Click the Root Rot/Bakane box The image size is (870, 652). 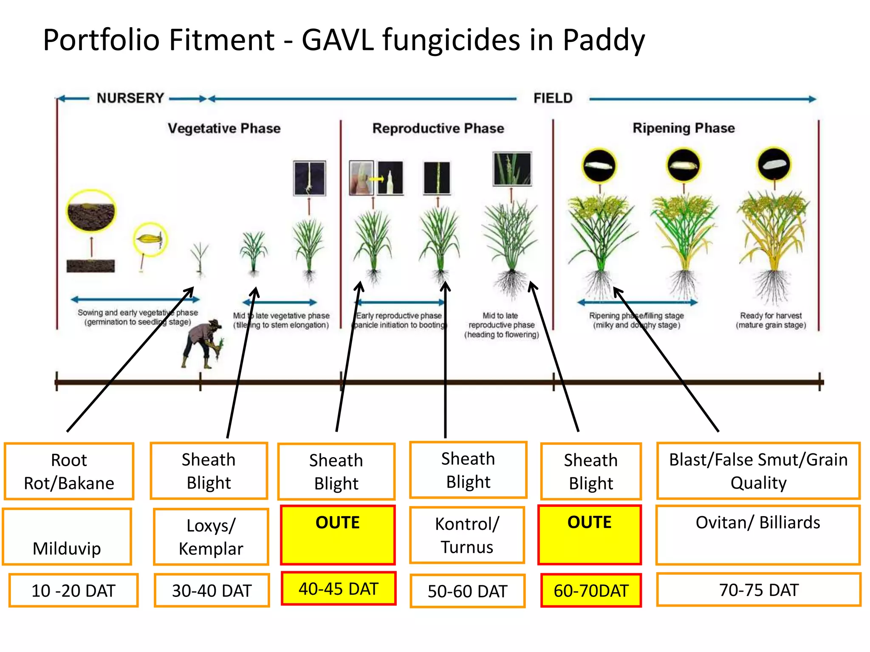point(69,472)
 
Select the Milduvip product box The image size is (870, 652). point(67,537)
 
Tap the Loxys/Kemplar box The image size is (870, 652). point(211,537)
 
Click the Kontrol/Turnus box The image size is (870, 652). point(467,535)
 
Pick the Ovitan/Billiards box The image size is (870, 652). point(758,535)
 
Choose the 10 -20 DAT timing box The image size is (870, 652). point(73,590)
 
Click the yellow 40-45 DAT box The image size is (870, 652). point(339,589)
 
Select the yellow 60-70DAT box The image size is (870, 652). point(591,590)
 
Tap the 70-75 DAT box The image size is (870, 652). point(759,590)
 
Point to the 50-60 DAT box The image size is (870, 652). point(467,591)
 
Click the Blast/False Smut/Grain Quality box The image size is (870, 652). point(758,471)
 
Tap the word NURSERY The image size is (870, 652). point(130,98)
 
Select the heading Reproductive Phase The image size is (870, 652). point(438,128)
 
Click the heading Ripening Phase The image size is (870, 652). point(684,128)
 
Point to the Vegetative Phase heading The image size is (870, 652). point(224,128)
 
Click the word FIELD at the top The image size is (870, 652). point(553,98)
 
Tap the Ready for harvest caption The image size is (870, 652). point(771,320)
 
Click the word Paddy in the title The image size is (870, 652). point(604,40)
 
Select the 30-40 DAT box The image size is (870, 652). point(212,590)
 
